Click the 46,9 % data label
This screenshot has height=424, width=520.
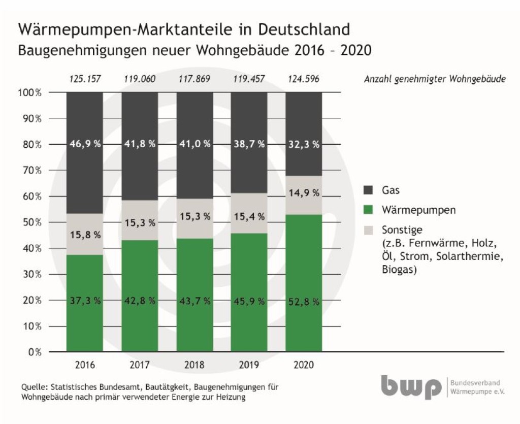pyautogui.click(x=85, y=144)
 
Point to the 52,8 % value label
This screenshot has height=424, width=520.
pyautogui.click(x=304, y=301)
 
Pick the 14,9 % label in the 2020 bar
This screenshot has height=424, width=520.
pyautogui.click(x=304, y=193)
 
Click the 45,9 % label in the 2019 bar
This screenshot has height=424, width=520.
pyautogui.click(x=249, y=301)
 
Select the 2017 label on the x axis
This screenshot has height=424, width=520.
pyautogui.click(x=140, y=365)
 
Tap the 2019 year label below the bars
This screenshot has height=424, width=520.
pyautogui.click(x=249, y=365)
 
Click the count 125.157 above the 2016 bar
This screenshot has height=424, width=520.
pyautogui.click(x=85, y=79)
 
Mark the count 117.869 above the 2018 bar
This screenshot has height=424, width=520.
pyautogui.click(x=194, y=79)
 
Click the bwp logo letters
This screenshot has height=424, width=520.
pyautogui.click(x=411, y=387)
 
